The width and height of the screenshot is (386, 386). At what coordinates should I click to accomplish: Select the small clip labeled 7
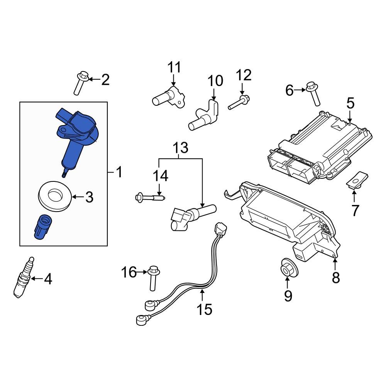(356, 179)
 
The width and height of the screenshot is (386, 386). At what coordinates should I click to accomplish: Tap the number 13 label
(180, 148)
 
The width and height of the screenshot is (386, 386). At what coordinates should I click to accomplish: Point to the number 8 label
(335, 277)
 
